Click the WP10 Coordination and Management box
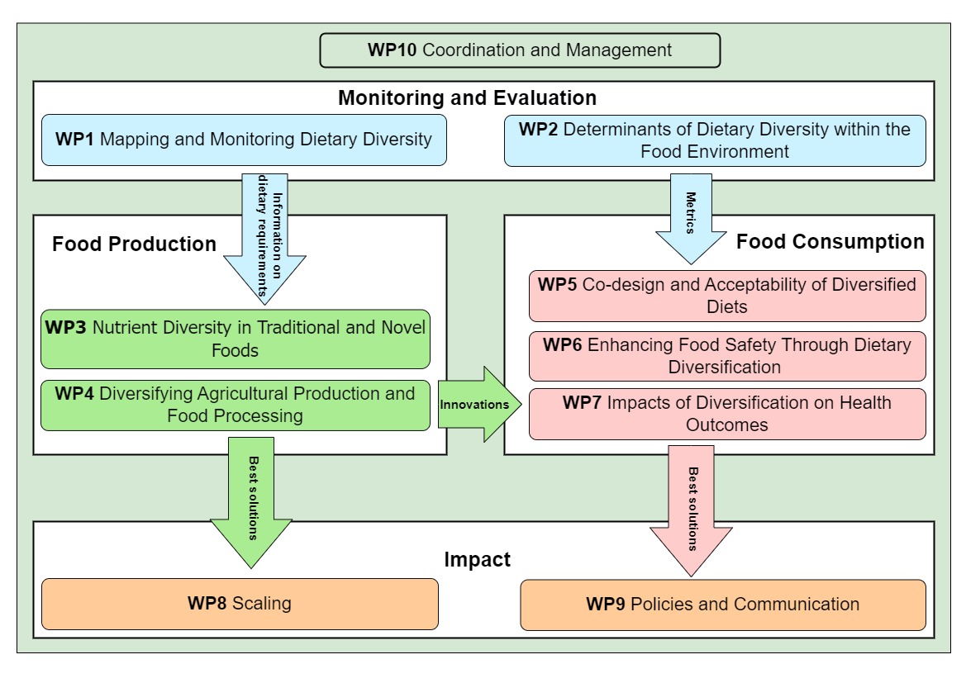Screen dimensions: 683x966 (x=520, y=50)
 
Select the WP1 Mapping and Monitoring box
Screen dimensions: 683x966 (x=244, y=140)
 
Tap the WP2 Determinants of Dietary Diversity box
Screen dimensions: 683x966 (x=715, y=140)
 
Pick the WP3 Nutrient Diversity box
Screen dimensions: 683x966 (x=236, y=339)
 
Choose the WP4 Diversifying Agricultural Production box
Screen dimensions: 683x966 (x=236, y=405)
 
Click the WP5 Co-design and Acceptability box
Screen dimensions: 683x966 (x=727, y=296)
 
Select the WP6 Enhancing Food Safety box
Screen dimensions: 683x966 (x=727, y=355)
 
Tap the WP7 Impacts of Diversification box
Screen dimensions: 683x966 (x=727, y=414)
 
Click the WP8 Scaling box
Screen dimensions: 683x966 (x=240, y=604)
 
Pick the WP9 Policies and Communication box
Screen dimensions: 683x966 (x=723, y=605)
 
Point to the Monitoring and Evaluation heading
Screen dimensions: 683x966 (x=467, y=98)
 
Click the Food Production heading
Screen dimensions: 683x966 (x=134, y=244)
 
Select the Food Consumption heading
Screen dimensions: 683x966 (x=830, y=242)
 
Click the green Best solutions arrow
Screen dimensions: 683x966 (x=251, y=504)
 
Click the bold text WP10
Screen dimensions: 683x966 (x=393, y=50)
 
